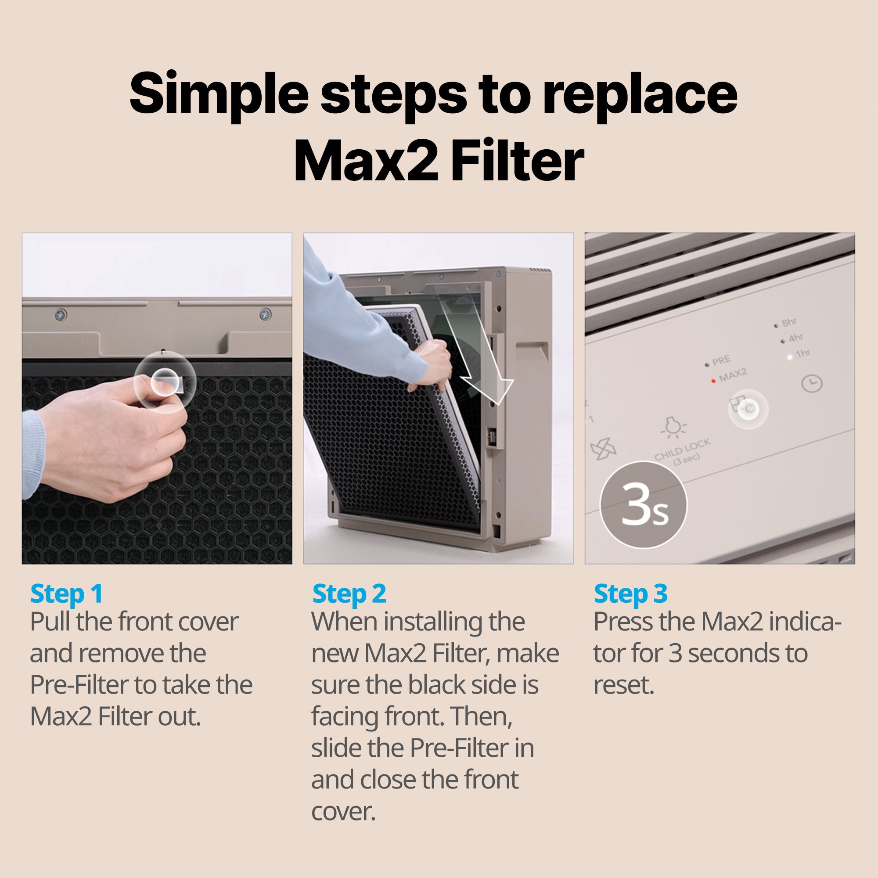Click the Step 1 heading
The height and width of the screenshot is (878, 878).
66,594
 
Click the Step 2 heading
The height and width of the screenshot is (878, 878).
349,594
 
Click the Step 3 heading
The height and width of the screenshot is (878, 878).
630,594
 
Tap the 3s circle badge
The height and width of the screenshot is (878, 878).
644,505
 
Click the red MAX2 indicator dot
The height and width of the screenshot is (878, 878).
713,381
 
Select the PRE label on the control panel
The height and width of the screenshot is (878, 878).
721,361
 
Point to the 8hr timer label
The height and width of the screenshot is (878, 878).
789,322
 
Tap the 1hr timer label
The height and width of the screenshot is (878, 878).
802,353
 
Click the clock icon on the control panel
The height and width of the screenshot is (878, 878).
812,384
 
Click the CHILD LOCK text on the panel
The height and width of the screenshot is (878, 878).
682,450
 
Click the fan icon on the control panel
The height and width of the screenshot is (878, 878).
603,450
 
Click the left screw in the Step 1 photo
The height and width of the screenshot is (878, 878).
61,314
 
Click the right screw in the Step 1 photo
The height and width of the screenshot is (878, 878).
266,314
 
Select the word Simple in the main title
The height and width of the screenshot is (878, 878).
219,94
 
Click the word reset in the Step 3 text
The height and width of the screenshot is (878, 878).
623,685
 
